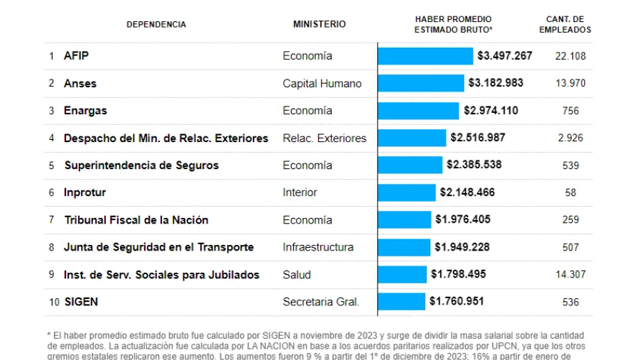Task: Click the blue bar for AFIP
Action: [x=425, y=56]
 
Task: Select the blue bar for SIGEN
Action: [x=402, y=302]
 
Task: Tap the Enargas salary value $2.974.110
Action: [x=491, y=111]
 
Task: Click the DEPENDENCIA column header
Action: [x=156, y=25]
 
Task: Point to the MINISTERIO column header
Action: [x=319, y=24]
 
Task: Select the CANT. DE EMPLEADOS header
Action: [x=564, y=25]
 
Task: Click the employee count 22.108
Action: [x=571, y=56]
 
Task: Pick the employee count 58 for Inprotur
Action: [x=571, y=192]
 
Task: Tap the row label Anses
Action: [x=80, y=83]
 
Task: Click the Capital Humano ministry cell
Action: [x=322, y=83]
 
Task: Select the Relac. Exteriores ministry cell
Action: [x=324, y=138]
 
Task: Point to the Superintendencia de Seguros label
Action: [x=141, y=165]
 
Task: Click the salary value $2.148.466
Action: [x=467, y=192]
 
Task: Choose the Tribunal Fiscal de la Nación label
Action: [x=136, y=220]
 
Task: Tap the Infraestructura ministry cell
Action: [x=317, y=247]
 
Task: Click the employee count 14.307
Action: [x=571, y=275]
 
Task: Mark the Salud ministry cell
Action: [x=297, y=275]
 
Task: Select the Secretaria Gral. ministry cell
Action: [x=321, y=302]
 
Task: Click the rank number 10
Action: [x=54, y=302]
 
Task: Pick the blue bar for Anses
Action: [x=421, y=83]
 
